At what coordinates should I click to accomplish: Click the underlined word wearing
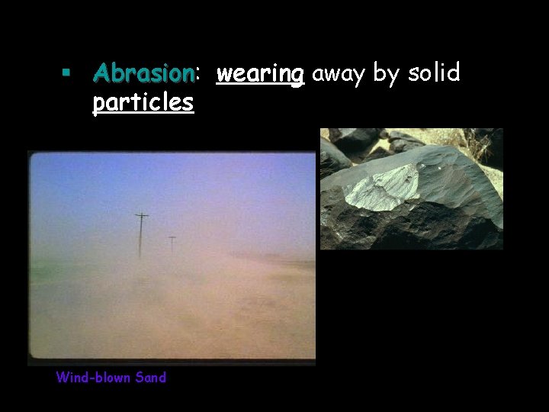click(260, 74)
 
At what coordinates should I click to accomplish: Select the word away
click(338, 74)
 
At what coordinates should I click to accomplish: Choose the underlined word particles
click(143, 102)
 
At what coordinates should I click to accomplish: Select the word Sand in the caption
click(150, 377)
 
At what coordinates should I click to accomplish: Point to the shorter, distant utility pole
click(172, 245)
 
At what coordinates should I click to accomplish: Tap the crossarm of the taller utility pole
click(141, 217)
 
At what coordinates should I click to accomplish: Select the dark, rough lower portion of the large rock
click(396, 229)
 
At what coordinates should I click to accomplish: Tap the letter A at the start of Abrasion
click(100, 73)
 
